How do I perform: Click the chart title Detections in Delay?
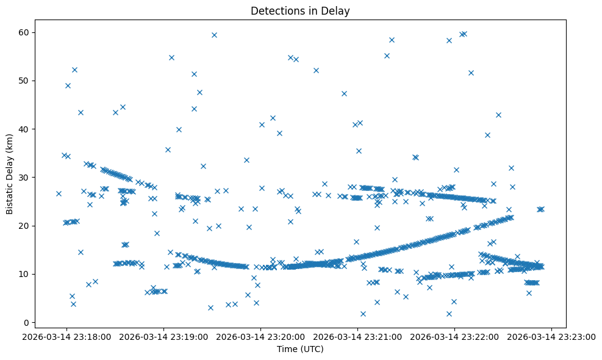pos(300,10)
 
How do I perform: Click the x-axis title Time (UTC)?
pos(300,349)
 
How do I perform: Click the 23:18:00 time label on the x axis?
pos(67,336)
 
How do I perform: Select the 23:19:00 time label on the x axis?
pos(164,336)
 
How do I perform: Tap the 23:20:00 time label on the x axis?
pos(261,336)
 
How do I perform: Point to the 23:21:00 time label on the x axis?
pos(358,336)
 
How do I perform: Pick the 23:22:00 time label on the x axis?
pos(454,336)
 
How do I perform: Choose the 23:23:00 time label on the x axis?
pos(551,336)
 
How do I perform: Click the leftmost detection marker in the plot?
pos(59,193)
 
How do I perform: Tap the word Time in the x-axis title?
pos(287,349)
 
